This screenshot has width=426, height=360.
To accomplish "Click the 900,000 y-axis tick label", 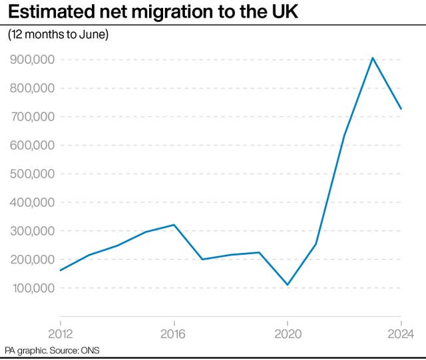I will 32,60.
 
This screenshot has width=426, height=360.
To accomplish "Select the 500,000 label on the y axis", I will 32,174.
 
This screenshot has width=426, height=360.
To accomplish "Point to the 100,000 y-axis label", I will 32,289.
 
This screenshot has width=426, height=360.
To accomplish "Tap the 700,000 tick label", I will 32,117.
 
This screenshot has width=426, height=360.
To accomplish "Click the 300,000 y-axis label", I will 32,232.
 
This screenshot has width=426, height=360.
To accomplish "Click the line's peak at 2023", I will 373,58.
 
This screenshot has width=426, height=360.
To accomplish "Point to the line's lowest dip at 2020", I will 288,285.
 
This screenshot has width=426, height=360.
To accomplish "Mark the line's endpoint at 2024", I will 401,108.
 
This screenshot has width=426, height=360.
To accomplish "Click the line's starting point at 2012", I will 60,270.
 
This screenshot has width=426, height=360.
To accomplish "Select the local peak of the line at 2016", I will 174,225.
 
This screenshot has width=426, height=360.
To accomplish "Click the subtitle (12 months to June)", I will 57,35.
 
